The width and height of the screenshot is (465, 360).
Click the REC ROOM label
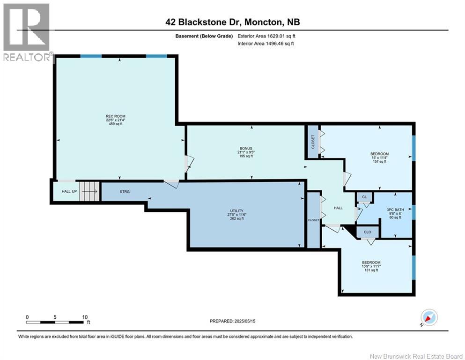click(x=116, y=116)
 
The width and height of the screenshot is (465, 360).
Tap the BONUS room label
click(x=246, y=149)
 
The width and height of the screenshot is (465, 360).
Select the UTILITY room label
click(x=236, y=211)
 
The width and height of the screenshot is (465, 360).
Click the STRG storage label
click(x=125, y=192)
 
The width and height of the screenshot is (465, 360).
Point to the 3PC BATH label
click(x=395, y=210)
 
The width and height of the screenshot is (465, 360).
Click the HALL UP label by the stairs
click(x=69, y=191)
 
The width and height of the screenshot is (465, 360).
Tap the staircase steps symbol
click(x=89, y=191)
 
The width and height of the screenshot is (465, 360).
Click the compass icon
click(x=429, y=317)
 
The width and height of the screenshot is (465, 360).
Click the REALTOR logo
click(x=27, y=32)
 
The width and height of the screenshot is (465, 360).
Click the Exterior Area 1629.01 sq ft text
click(x=266, y=36)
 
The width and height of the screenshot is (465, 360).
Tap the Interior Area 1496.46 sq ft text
click(x=266, y=44)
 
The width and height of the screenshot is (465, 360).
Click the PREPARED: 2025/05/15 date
click(x=232, y=321)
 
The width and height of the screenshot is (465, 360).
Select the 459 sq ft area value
click(x=116, y=124)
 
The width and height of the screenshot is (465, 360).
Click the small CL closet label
click(x=364, y=197)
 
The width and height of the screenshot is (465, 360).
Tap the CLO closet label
click(x=368, y=232)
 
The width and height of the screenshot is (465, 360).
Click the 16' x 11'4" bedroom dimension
click(x=380, y=157)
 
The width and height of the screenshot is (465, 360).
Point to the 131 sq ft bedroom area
click(x=371, y=270)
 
